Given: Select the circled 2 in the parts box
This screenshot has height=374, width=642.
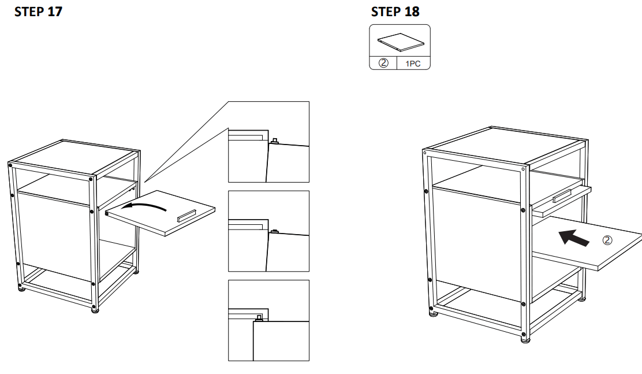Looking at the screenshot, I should [383, 62].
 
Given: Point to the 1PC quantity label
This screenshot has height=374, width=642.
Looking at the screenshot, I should [414, 62].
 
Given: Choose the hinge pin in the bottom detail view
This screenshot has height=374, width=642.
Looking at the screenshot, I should [259, 317].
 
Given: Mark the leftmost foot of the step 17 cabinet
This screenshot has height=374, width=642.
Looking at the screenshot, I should [21, 287].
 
